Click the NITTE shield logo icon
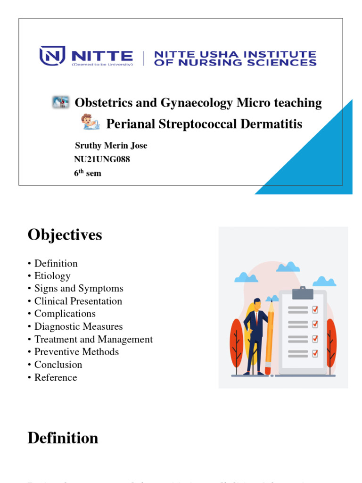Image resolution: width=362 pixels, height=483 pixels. pos(52,55)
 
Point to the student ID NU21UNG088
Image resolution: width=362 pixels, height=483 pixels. pos(102,159)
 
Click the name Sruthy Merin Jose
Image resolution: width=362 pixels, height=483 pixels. pos(111,145)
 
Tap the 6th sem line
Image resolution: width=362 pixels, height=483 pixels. pos(88,173)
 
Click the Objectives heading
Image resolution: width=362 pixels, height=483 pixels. pos(65,234)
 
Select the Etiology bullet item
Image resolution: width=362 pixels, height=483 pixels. pos(52,276)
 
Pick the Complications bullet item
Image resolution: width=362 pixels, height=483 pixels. pos(65,314)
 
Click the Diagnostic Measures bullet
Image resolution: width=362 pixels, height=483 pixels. pos(78,326)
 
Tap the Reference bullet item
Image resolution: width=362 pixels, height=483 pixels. pos(55,377)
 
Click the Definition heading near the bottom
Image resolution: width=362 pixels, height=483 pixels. pos(63,438)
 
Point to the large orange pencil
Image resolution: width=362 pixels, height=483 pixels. pos(270,335)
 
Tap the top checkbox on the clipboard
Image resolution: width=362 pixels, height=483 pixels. pos(315,309)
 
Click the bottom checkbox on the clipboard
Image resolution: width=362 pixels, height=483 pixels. pos(315,353)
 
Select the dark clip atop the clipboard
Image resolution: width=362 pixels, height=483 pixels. pos(303,293)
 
